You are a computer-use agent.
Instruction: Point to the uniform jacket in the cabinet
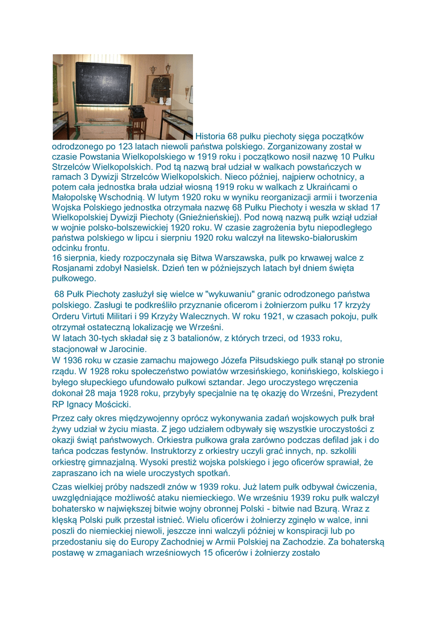[161, 88]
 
